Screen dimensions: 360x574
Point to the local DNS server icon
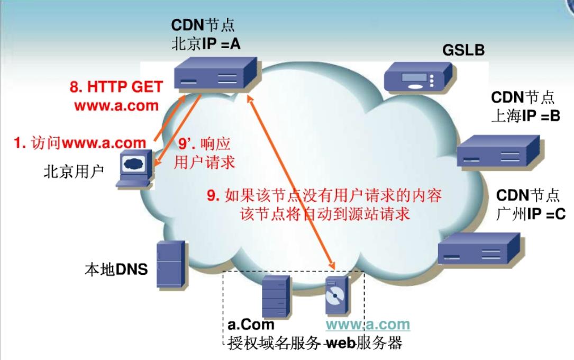click(x=170, y=264)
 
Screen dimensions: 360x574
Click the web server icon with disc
click(x=337, y=297)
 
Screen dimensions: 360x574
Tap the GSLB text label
click(x=463, y=50)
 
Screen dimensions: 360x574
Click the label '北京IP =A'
click(x=206, y=44)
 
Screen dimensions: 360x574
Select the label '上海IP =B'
click(x=525, y=116)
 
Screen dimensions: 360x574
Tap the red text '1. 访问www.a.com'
click(x=80, y=142)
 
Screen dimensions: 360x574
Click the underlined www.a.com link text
click(x=368, y=324)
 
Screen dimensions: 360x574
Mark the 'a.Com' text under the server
click(x=251, y=324)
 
